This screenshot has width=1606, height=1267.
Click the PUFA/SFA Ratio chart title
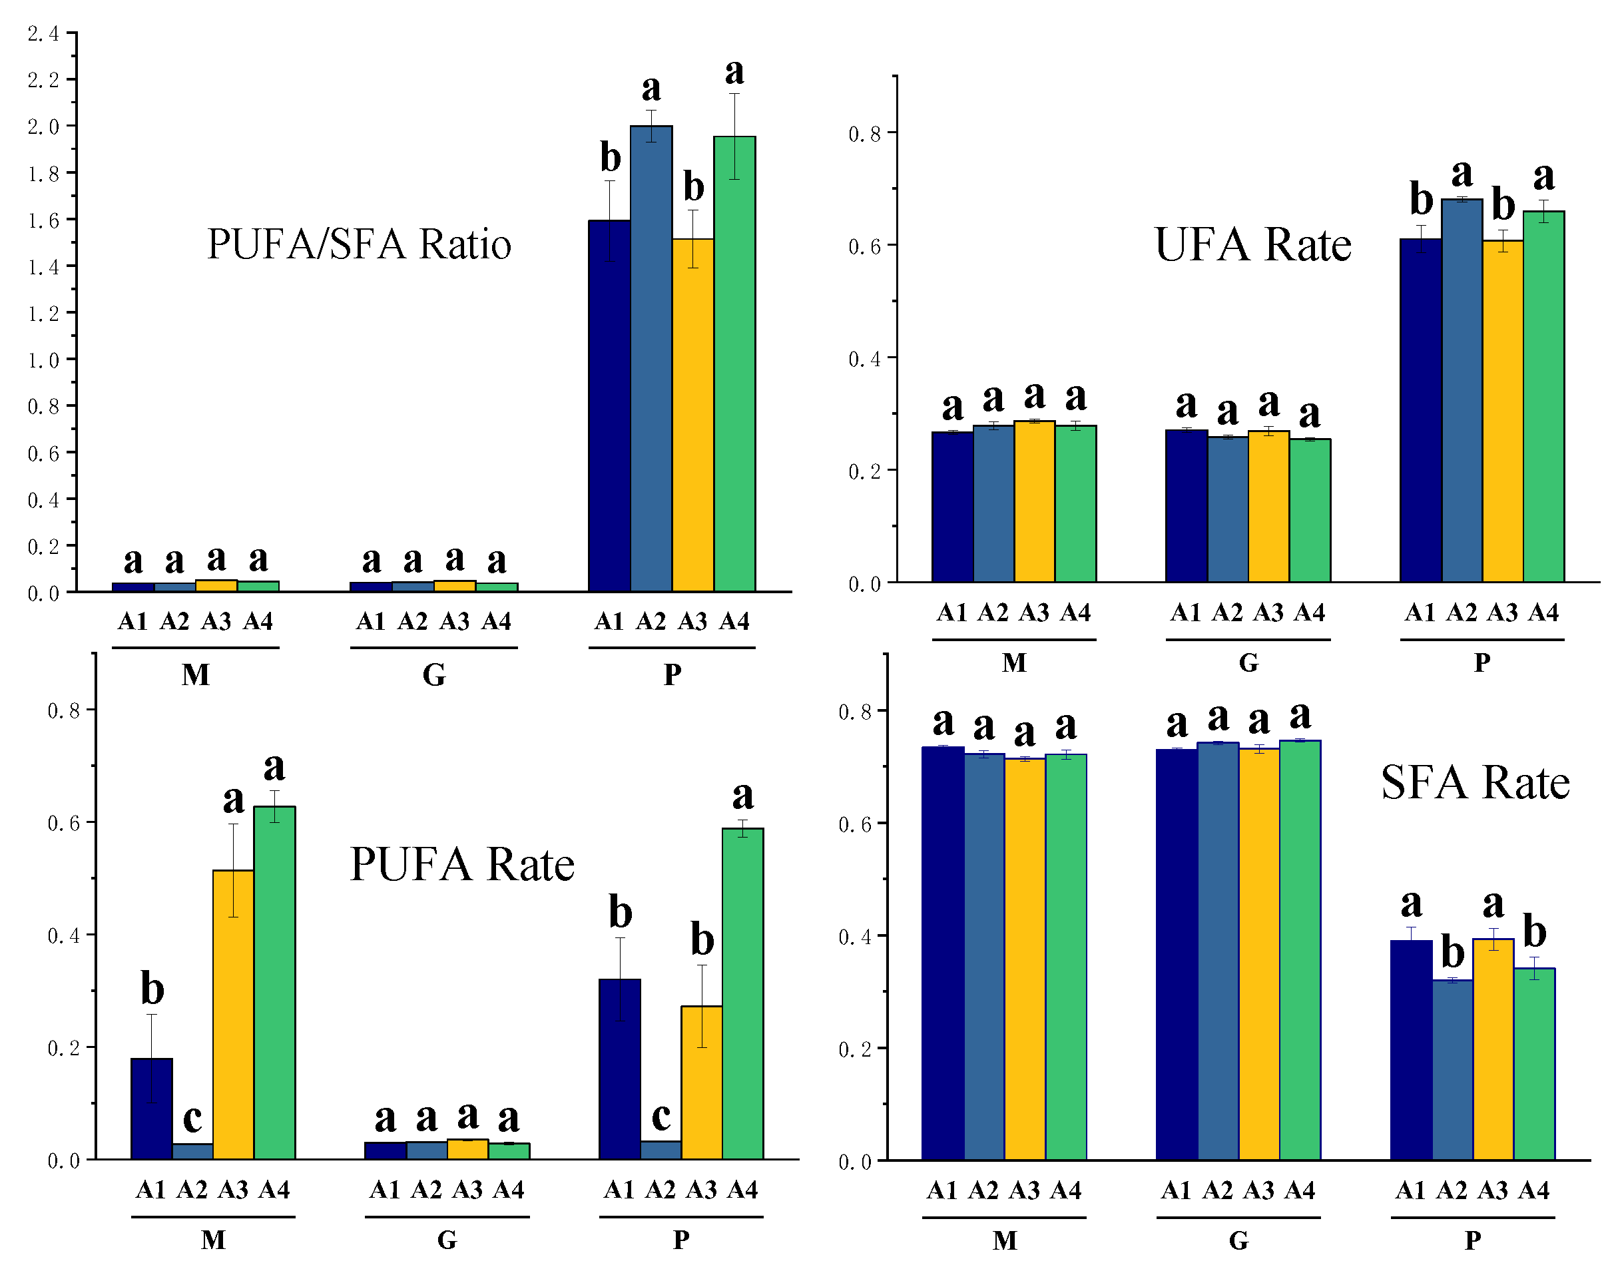coord(359,244)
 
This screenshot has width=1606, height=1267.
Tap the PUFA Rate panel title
coord(461,864)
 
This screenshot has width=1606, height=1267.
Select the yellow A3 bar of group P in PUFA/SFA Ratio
coord(693,415)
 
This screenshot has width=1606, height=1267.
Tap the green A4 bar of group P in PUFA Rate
coord(742,994)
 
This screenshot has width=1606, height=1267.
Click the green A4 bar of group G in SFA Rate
coord(1300,950)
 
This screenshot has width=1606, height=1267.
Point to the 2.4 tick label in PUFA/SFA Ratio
coord(43,33)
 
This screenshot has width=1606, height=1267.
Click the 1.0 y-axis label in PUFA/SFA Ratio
coord(43,360)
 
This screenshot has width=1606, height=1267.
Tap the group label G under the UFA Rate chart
coord(1248,662)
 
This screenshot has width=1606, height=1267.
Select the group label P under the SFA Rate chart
coord(1472,1240)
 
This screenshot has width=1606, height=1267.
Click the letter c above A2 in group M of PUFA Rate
coord(192,1117)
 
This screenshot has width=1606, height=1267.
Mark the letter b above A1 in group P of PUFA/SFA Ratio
coord(610,157)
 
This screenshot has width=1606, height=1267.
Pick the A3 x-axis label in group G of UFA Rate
coord(1268,613)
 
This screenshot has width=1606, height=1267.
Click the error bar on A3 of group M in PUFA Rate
coord(234,870)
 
